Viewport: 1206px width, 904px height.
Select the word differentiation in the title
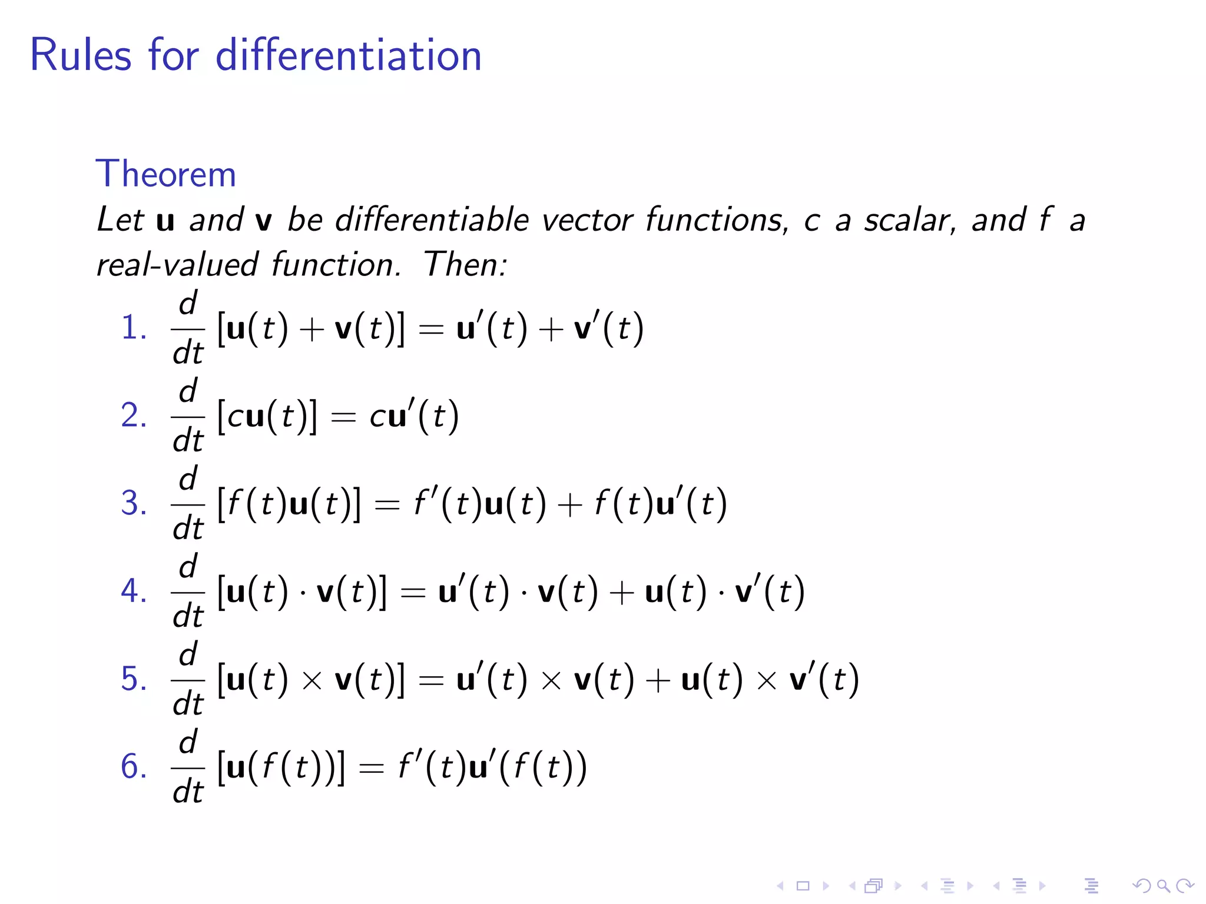coord(349,55)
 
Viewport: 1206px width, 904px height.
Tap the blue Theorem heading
coord(165,174)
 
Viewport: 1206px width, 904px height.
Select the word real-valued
coord(177,264)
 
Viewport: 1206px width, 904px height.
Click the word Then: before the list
coord(465,264)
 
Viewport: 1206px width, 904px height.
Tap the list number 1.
coord(133,327)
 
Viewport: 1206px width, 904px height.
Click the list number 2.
coord(133,415)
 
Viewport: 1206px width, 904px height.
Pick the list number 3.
coord(133,503)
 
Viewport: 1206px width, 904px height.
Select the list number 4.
coord(133,590)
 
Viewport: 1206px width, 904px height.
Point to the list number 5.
coord(133,679)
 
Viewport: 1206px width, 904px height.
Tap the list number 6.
coord(133,766)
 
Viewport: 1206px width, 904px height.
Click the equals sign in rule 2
coord(343,417)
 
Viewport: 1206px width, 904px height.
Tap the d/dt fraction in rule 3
coord(188,504)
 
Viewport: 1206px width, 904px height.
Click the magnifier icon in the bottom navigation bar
coord(1163,886)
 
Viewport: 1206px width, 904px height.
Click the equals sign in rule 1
coord(430,330)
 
